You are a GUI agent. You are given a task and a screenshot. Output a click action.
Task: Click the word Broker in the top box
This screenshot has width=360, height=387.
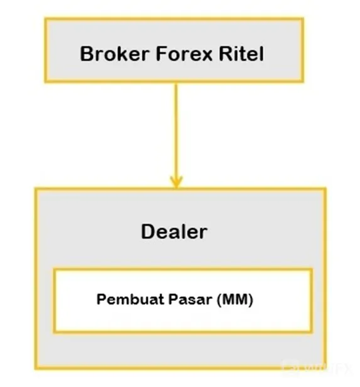(114, 53)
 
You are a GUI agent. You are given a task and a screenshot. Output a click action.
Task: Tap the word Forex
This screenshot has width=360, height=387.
(184, 53)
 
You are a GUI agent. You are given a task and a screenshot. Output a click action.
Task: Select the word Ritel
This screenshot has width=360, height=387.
(241, 53)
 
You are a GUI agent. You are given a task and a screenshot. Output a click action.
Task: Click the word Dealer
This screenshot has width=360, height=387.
(174, 231)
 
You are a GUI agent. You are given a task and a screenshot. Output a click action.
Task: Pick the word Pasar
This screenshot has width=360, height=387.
(190, 299)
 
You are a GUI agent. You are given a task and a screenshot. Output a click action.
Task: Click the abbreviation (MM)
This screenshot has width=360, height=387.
(235, 300)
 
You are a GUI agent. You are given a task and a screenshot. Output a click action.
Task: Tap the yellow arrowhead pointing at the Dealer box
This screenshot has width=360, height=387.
(176, 182)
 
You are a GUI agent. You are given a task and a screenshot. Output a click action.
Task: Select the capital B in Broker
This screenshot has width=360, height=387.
(87, 53)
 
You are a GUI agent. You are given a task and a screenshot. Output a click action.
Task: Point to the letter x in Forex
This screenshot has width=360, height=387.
(207, 56)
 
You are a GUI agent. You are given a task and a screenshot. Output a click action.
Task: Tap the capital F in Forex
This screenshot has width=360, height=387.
(161, 53)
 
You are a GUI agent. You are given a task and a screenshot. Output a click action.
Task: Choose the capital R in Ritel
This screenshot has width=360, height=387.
(226, 53)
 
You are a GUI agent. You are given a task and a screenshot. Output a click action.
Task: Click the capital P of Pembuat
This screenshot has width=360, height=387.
(101, 299)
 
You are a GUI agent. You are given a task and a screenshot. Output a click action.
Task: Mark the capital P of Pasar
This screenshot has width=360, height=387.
(173, 299)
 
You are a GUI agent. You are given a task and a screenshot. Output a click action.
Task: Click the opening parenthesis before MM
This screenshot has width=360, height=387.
(219, 300)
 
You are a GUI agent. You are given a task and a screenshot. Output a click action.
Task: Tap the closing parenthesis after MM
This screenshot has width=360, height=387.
(251, 300)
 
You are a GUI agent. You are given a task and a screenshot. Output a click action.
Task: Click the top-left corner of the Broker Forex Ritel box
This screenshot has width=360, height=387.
(46, 19)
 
